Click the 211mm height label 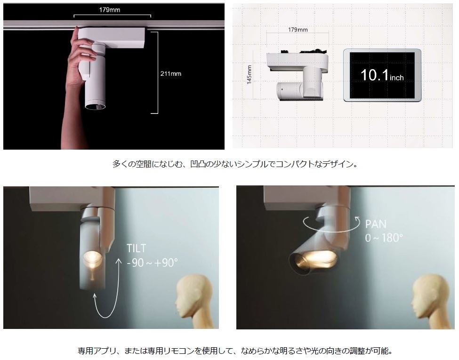click(x=171, y=74)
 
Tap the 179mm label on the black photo click(x=110, y=10)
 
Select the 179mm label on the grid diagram click(x=298, y=30)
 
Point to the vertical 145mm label click(x=249, y=75)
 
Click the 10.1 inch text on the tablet click(x=382, y=75)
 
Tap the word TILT click(x=136, y=248)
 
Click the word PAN click(x=376, y=224)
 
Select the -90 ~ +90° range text click(x=152, y=263)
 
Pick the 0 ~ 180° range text click(x=384, y=238)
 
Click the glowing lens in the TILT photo click(x=92, y=257)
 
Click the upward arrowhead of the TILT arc click(x=119, y=261)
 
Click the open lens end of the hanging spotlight click(x=96, y=106)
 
